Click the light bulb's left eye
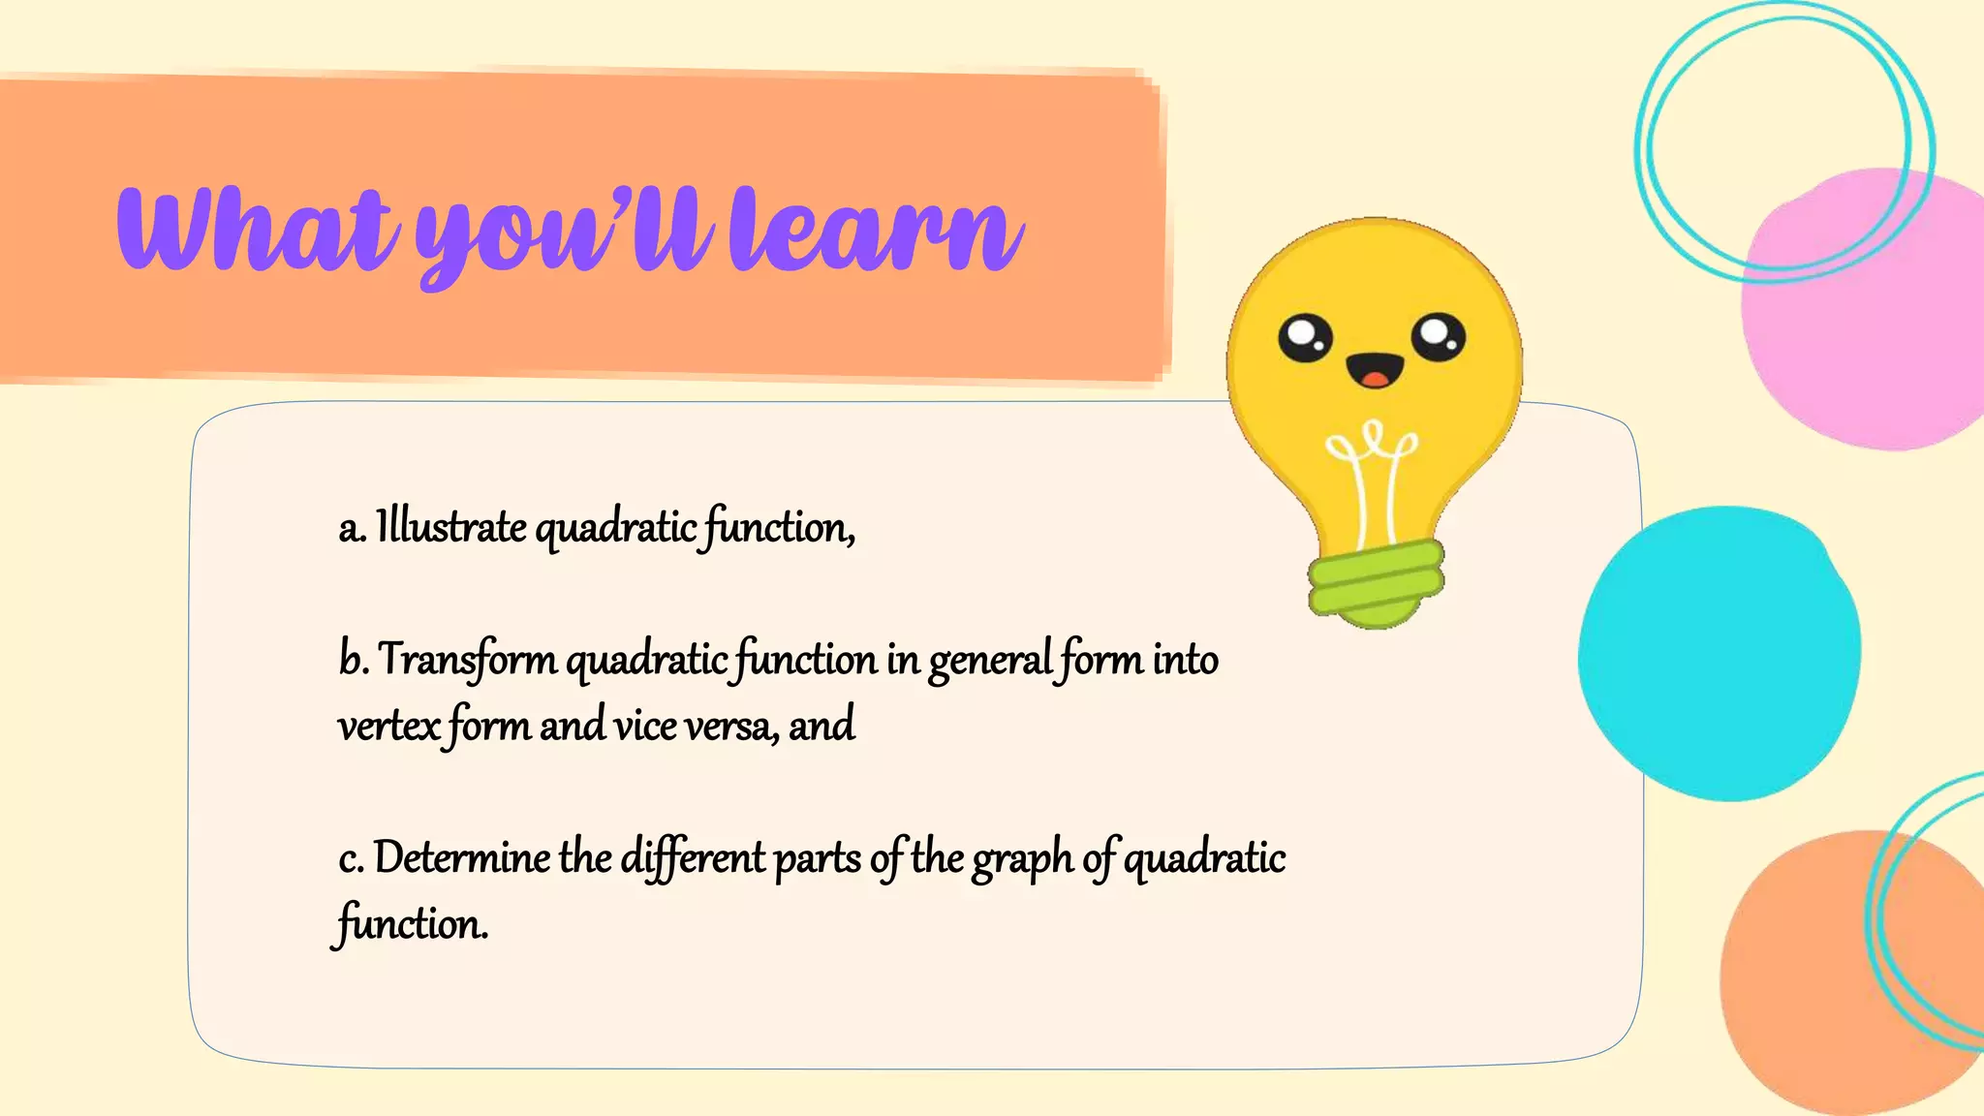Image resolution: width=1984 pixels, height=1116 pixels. point(1305,338)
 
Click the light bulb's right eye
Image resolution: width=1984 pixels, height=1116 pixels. point(1438,337)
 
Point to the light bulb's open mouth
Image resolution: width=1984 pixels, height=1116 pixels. point(1375,370)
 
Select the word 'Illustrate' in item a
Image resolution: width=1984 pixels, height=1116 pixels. point(451,528)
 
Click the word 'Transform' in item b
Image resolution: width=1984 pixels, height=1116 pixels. point(467,660)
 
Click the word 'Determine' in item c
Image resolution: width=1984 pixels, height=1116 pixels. point(461,858)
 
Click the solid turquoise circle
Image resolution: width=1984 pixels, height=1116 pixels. point(1719,654)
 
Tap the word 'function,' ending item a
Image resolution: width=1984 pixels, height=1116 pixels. point(780,529)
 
